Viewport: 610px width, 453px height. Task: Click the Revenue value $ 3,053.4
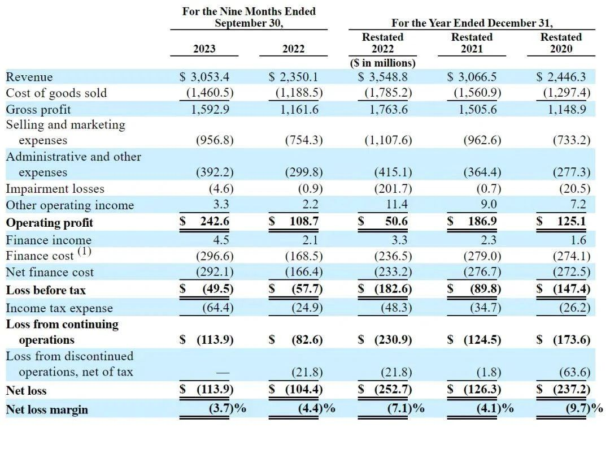click(204, 77)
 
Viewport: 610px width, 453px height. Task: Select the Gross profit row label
click(38, 109)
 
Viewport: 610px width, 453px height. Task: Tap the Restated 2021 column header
click(472, 43)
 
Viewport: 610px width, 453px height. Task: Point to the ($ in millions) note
click(382, 63)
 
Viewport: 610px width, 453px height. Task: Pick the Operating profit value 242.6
click(215, 222)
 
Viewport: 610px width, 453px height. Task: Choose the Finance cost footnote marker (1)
click(84, 250)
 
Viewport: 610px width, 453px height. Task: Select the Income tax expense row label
click(59, 308)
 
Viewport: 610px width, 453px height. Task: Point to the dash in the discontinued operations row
click(222, 372)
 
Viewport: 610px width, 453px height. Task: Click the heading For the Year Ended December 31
click(472, 23)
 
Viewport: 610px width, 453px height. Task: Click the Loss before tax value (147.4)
click(570, 290)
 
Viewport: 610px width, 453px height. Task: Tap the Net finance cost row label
click(50, 272)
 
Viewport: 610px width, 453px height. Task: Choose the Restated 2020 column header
click(561, 43)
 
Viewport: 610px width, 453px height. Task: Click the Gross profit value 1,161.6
click(299, 109)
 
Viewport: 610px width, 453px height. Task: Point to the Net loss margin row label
click(47, 409)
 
